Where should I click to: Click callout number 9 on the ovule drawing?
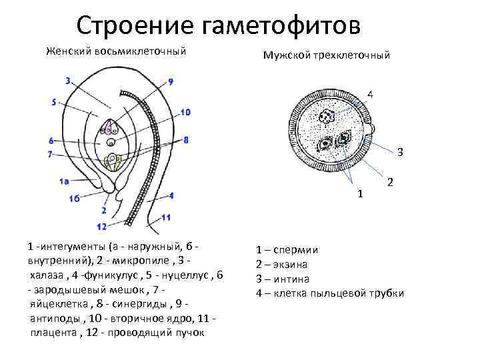click(171, 81)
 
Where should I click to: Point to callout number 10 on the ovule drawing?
click(185, 112)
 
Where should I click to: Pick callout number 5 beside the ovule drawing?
click(53, 102)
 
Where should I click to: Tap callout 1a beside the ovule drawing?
click(64, 181)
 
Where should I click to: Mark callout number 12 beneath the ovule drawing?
click(101, 209)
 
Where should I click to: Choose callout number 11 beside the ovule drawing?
click(166, 217)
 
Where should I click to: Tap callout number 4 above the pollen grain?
click(370, 95)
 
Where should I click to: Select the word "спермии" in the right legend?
click(298, 251)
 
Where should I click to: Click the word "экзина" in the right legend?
click(293, 265)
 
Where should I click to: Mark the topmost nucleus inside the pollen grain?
click(327, 117)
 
